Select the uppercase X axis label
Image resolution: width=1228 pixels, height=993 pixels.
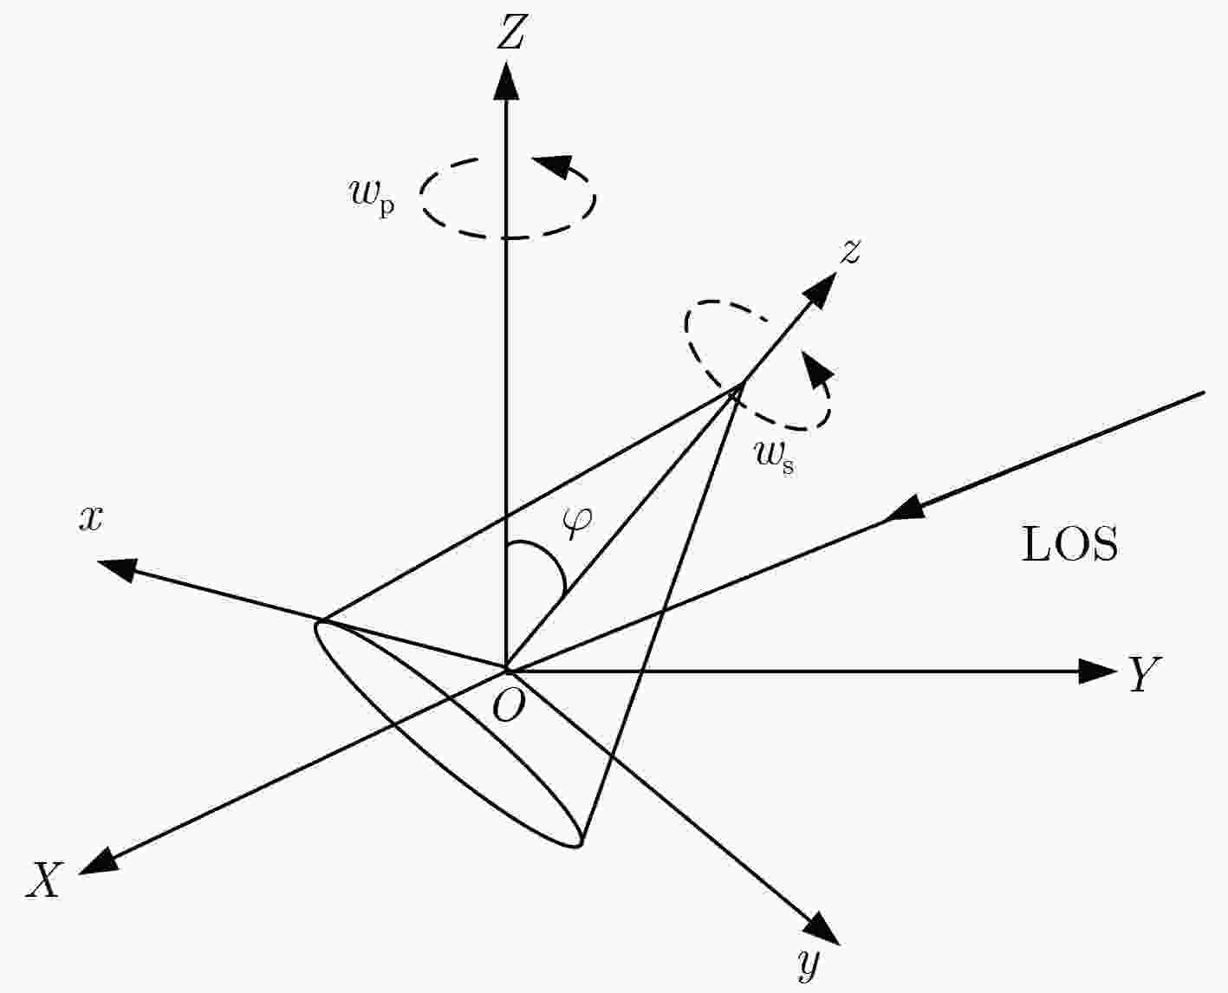(44, 879)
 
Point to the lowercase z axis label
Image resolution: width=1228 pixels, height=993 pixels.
(850, 251)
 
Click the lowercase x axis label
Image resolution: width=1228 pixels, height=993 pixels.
(91, 519)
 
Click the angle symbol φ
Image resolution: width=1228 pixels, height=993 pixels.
(577, 523)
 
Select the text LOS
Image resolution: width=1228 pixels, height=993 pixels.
(1069, 545)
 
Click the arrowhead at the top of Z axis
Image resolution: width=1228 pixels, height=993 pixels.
(506, 81)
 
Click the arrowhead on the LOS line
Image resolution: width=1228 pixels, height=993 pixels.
(904, 508)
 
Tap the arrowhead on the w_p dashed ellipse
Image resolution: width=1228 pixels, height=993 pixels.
(552, 165)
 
